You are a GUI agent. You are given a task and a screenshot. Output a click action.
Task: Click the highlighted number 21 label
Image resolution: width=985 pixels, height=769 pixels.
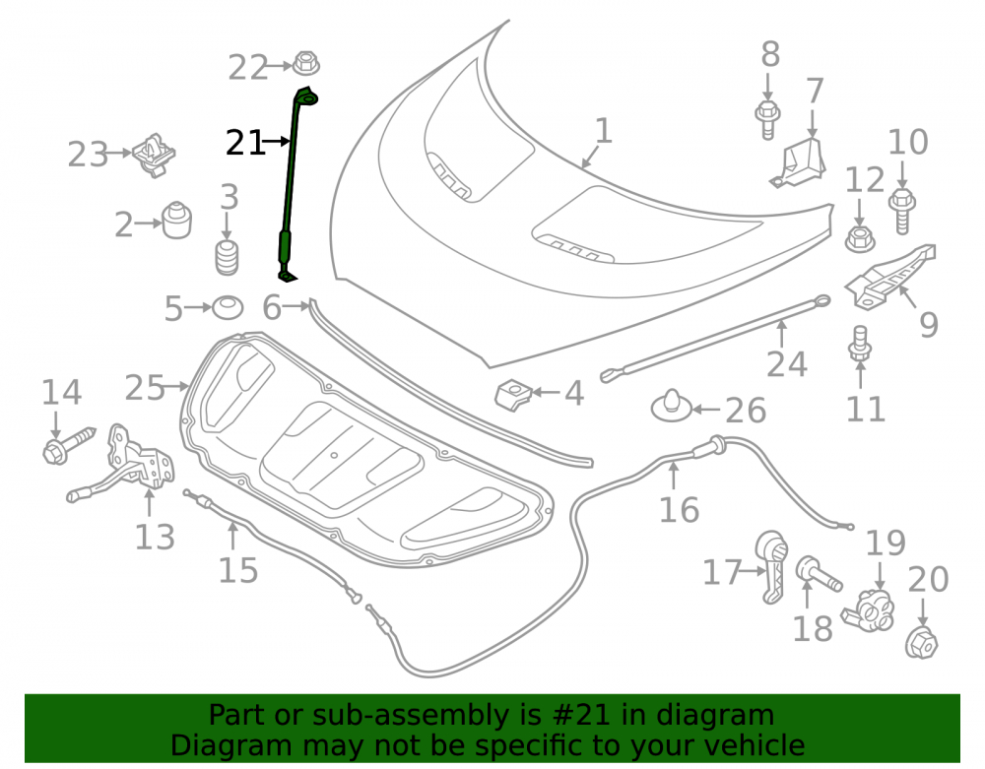[244, 143]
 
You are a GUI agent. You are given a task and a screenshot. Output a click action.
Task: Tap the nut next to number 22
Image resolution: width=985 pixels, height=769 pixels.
[306, 63]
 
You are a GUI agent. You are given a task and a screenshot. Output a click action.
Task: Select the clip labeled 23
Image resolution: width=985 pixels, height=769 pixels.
[154, 155]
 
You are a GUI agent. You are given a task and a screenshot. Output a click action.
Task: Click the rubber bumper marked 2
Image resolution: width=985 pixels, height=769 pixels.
[177, 220]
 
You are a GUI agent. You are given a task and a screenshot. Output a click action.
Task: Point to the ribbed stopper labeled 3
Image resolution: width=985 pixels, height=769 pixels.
[227, 256]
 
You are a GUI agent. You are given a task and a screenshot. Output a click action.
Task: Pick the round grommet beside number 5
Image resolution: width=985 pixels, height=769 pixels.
[228, 307]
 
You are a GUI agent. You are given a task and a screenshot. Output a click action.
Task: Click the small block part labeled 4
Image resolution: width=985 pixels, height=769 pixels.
[514, 394]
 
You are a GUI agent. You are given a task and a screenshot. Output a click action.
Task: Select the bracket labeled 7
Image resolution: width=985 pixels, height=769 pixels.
[797, 163]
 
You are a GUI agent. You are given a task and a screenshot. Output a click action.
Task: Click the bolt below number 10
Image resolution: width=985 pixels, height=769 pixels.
[902, 211]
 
